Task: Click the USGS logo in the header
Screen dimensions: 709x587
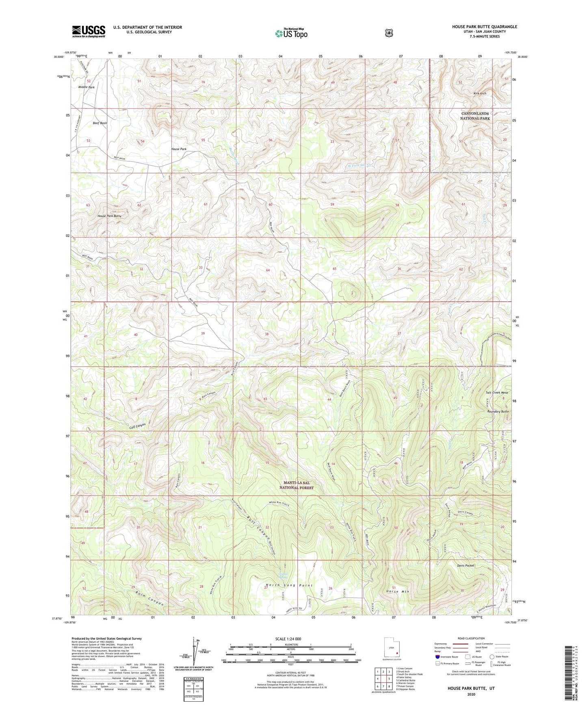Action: pos(89,31)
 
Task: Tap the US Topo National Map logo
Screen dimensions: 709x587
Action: pos(290,33)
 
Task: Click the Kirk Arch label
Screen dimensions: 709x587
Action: pos(479,93)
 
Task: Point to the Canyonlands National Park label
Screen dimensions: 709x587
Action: pos(474,116)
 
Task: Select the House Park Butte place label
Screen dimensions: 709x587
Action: pos(109,216)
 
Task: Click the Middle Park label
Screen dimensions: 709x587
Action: pos(86,87)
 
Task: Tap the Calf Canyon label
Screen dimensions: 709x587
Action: pos(137,426)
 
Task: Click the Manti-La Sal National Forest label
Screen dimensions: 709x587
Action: pos(296,485)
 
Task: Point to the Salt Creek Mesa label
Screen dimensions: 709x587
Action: pos(497,393)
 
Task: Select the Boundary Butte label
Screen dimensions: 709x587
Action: pos(498,411)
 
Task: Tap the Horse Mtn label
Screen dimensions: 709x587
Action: pos(396,592)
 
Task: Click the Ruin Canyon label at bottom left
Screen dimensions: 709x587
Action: pos(149,598)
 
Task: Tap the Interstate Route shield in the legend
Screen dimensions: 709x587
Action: pos(437,657)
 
